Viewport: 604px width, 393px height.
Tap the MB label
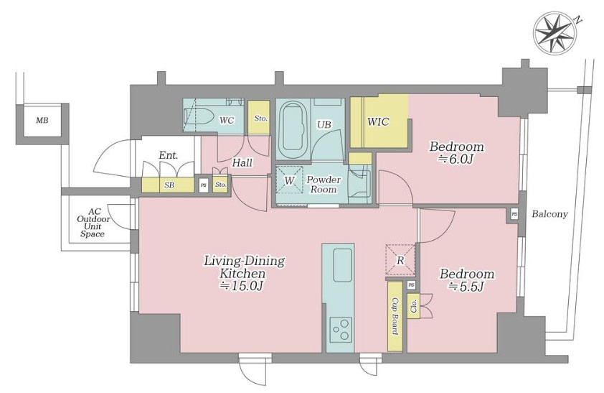click(x=42, y=120)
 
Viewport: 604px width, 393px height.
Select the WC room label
click(x=227, y=120)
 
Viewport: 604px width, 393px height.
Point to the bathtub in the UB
click(x=293, y=129)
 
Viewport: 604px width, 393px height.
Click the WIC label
click(x=378, y=122)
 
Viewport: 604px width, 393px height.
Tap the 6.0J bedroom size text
click(x=456, y=159)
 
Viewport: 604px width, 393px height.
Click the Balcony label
click(x=549, y=214)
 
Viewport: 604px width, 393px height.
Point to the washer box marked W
click(x=289, y=180)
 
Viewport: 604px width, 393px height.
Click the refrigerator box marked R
click(x=400, y=260)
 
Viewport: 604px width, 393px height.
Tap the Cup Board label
click(x=395, y=316)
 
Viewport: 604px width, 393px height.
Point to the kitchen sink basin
click(x=342, y=265)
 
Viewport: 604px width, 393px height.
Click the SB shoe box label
click(x=169, y=185)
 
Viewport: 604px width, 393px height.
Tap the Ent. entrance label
click(x=169, y=156)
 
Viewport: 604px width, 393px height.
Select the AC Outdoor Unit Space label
click(x=93, y=223)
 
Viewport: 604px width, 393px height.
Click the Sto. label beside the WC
click(x=261, y=119)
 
